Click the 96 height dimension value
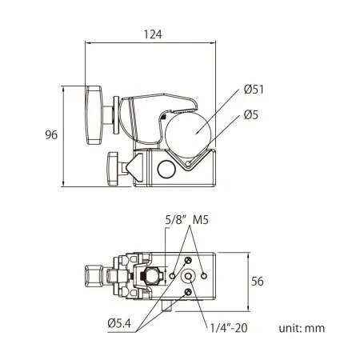(50, 135)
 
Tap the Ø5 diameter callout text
(250, 114)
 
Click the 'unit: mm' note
(302, 328)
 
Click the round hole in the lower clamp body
(166, 170)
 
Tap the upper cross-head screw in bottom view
(188, 261)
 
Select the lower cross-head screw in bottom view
(188, 292)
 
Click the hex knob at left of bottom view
(93, 276)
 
